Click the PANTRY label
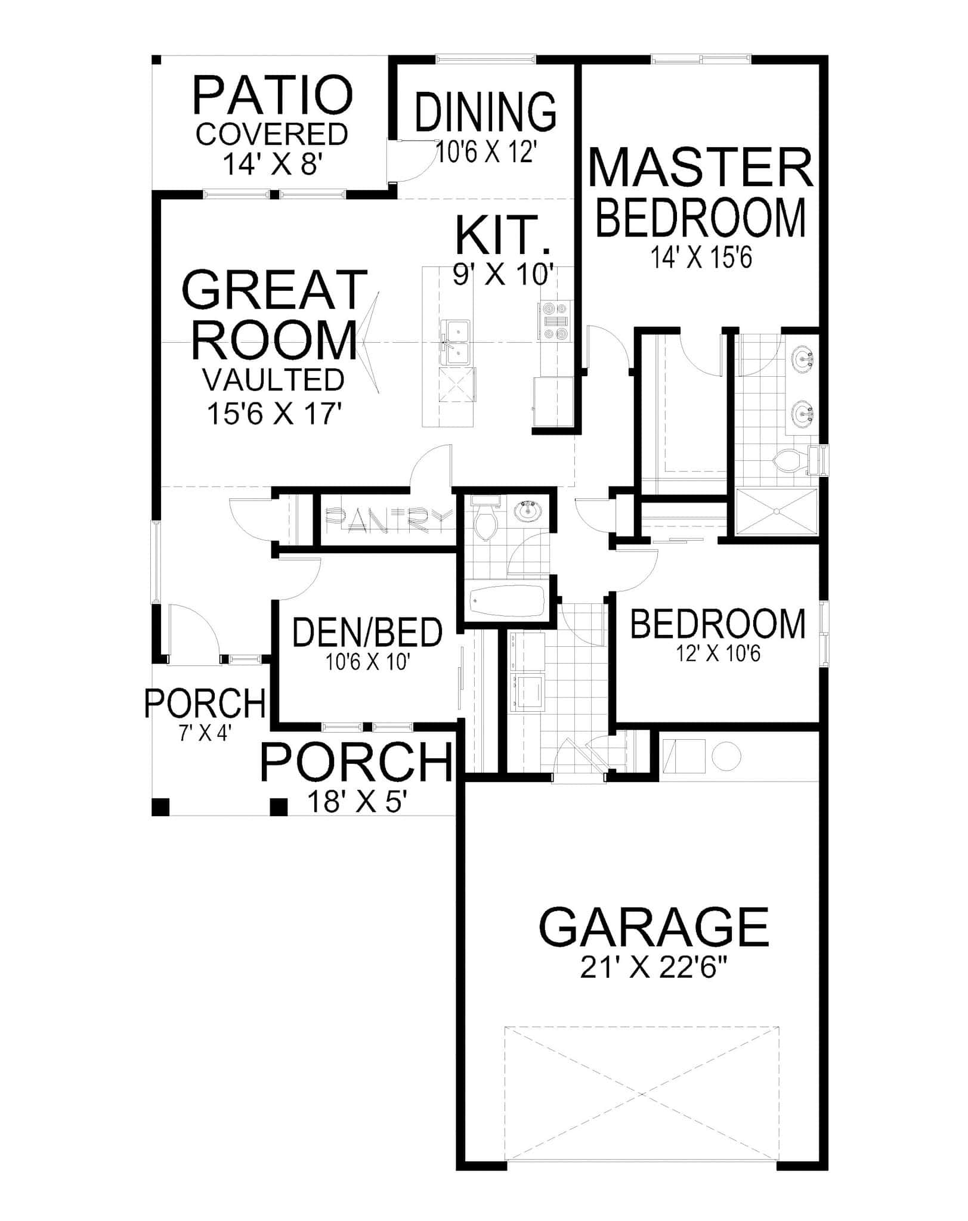tap(386, 520)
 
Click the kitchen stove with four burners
tap(555, 321)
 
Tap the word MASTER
tap(701, 169)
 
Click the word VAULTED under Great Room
tap(274, 380)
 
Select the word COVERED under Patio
tap(272, 135)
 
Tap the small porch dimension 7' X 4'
tap(205, 732)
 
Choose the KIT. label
tap(502, 235)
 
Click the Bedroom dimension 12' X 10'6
tap(719, 655)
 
